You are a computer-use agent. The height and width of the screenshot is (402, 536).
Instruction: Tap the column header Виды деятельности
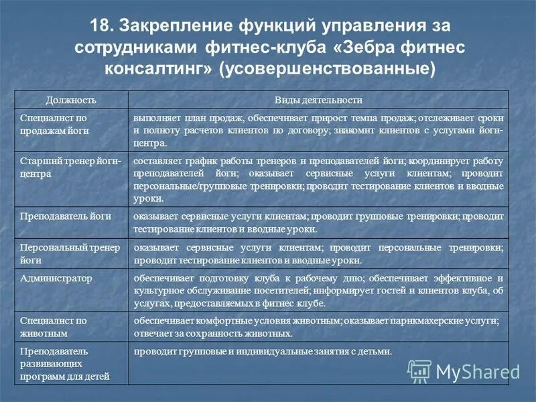[318, 100]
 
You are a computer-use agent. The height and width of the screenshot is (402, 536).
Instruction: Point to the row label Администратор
[56, 277]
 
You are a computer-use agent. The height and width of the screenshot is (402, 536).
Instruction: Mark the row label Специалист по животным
[54, 326]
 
